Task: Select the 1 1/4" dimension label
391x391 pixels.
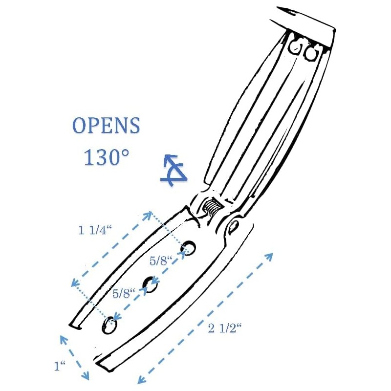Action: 95,230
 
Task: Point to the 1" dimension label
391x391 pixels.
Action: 60,366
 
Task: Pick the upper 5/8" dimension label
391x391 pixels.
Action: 161,261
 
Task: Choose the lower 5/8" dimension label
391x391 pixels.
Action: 124,293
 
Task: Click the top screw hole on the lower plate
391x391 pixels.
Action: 189,248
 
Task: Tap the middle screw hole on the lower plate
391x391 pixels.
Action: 150,284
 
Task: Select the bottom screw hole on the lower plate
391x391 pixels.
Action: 109,325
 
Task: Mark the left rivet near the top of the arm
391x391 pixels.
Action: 297,47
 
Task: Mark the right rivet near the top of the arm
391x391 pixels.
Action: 310,53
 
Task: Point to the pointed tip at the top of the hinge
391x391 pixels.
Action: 278,7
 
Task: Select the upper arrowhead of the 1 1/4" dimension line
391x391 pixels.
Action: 148,215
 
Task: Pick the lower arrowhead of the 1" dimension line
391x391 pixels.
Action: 86,376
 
